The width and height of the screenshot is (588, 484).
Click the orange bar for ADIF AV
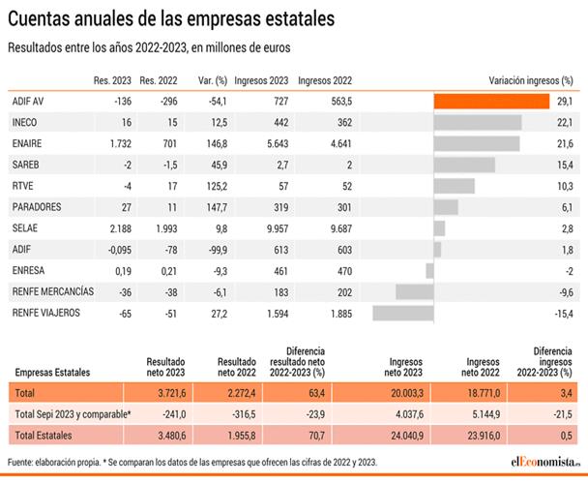(x=491, y=101)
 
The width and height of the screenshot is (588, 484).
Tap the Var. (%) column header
(x=210, y=80)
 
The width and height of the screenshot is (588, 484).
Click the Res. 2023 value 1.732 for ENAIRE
(x=116, y=143)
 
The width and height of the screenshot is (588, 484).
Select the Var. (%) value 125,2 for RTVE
(x=213, y=185)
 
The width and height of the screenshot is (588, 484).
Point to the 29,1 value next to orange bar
(x=564, y=101)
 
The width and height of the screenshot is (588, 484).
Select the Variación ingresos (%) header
(x=531, y=80)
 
